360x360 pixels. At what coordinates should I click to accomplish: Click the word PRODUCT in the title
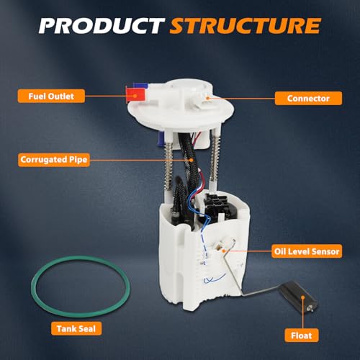(102, 25)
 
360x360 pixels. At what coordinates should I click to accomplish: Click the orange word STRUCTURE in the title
(246, 25)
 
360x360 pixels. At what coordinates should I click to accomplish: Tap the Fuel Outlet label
(51, 96)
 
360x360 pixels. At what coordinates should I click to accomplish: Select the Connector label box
(308, 98)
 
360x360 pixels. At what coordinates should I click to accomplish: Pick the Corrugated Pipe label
(54, 160)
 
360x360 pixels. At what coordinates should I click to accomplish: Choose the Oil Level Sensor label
(307, 251)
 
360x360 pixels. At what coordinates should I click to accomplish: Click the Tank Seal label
(76, 328)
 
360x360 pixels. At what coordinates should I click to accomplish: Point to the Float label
(302, 336)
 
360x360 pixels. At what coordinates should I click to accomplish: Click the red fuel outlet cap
(135, 94)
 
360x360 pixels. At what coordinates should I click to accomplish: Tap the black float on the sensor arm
(298, 297)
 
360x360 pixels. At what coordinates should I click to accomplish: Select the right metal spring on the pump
(215, 156)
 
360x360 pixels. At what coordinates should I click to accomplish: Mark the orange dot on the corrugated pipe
(192, 160)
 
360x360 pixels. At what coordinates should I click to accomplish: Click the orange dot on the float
(303, 297)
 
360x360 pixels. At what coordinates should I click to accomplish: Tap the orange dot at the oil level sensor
(223, 251)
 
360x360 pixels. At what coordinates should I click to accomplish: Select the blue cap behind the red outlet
(140, 85)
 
